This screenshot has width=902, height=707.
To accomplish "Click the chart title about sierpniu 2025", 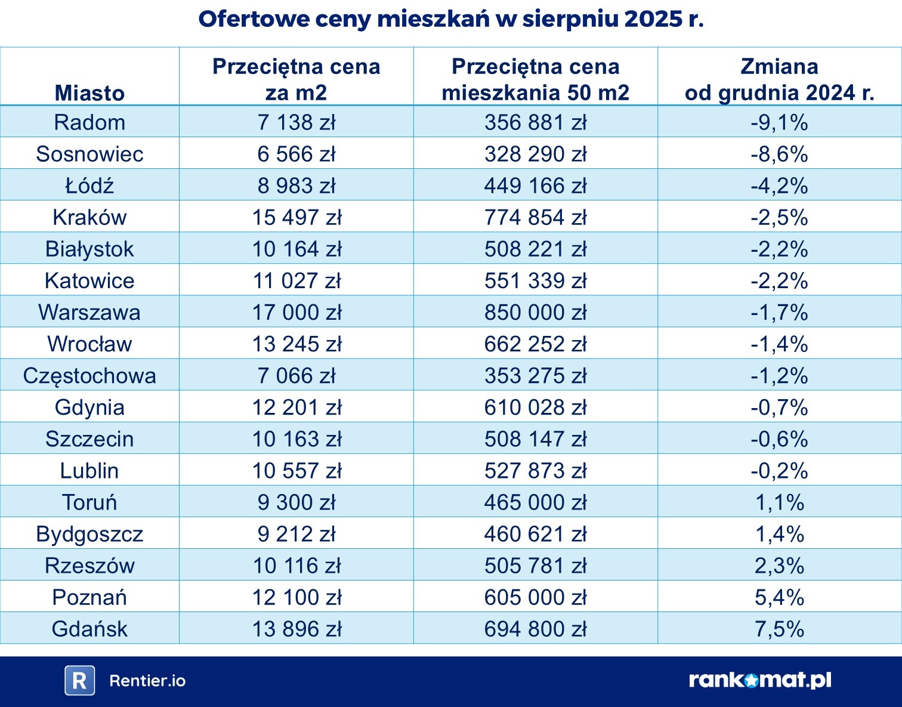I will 451,19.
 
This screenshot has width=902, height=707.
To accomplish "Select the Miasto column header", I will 89,93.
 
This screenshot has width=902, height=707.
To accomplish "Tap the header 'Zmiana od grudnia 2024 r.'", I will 779,79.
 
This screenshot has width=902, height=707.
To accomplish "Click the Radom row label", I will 89,122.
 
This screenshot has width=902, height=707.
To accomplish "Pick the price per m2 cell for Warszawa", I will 296,312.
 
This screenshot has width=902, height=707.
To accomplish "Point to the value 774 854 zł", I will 535,217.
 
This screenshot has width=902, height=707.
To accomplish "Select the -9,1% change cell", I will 779,122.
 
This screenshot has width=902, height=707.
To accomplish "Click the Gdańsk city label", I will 89,629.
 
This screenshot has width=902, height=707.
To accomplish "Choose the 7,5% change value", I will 779,629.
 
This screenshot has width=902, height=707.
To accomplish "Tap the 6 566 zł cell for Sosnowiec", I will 296,154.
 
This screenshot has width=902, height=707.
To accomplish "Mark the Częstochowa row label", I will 89,376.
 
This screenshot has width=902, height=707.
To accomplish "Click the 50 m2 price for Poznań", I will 535,597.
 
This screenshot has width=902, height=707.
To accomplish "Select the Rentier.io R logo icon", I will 79,681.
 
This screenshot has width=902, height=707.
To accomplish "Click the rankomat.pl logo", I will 759,680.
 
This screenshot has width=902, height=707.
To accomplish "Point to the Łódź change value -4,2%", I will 779,186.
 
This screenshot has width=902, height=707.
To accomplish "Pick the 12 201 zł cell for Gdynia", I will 296,407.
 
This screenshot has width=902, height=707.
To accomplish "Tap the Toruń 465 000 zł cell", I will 535,502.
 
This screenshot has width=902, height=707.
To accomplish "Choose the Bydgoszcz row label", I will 89,534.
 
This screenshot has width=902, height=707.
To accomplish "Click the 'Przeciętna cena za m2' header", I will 296,79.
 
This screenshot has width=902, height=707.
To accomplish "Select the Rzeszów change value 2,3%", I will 779,566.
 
